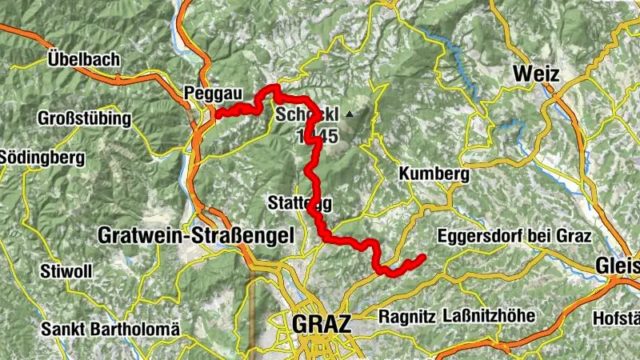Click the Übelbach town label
pyautogui.click(x=83, y=59)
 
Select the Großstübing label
pyautogui.click(x=84, y=118)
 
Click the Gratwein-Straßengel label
pyautogui.click(x=195, y=235)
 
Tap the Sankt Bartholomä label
pyautogui.click(x=111, y=329)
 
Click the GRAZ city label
pyautogui.click(x=322, y=324)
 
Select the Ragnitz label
pyautogui.click(x=407, y=316)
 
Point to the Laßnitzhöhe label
pyautogui.click(x=488, y=316)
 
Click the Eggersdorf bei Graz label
pyautogui.click(x=514, y=237)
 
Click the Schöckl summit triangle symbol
pyautogui.click(x=350, y=114)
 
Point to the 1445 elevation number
pyautogui.click(x=317, y=137)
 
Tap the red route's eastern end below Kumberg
pyautogui.click(x=421, y=258)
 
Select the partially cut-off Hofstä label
pyautogui.click(x=615, y=318)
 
